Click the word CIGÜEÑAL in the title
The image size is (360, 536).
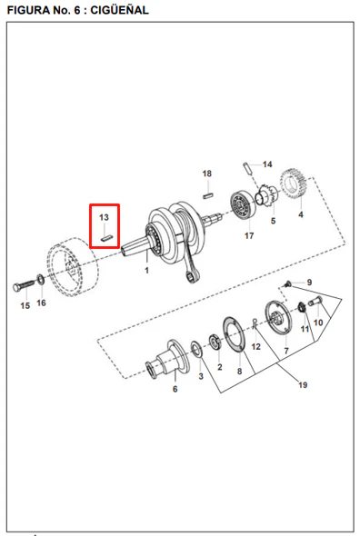[x=119, y=10]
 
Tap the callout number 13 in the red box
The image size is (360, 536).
[x=104, y=217]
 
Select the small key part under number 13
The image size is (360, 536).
[x=106, y=238]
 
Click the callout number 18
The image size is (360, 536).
[x=206, y=174]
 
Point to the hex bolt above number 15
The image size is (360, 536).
[x=24, y=285]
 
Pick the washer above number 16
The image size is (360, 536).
[x=41, y=280]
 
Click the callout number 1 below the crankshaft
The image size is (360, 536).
[x=146, y=271]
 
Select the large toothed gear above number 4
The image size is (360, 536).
[x=293, y=184]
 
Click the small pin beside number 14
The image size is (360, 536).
[x=248, y=168]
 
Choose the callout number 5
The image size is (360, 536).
[x=273, y=221]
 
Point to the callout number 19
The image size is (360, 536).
[x=303, y=385]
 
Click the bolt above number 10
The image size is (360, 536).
[x=315, y=302]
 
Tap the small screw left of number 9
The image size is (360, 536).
[x=288, y=284]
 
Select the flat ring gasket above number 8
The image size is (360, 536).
[x=234, y=334]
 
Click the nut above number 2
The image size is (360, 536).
[x=215, y=342]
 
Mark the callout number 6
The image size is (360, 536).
[x=175, y=389]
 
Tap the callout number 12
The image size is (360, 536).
[x=256, y=347]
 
